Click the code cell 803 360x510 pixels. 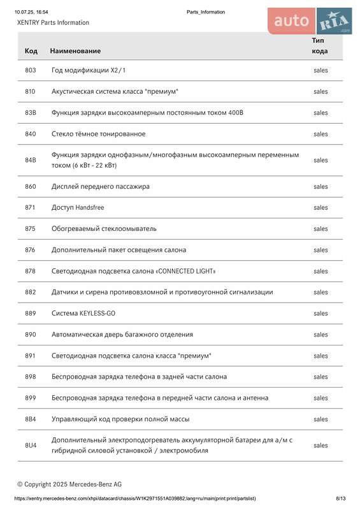(x=31, y=70)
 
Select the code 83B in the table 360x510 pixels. (x=31, y=113)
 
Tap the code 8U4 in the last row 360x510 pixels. (x=31, y=445)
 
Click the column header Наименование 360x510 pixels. (x=75, y=50)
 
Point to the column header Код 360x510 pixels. (x=31, y=50)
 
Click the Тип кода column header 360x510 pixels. (x=320, y=45)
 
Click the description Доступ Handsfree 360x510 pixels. (x=78, y=208)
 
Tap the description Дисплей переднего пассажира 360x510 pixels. (x=101, y=187)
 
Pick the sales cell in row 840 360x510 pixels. (x=320, y=134)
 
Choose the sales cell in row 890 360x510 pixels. (x=320, y=335)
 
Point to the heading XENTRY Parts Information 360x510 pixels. (x=53, y=23)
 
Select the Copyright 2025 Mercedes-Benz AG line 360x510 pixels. (x=69, y=484)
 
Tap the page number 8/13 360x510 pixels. (x=341, y=499)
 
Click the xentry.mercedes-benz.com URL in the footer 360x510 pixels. (x=135, y=499)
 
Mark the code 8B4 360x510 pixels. (x=31, y=419)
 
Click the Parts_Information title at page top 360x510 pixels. (x=206, y=12)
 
